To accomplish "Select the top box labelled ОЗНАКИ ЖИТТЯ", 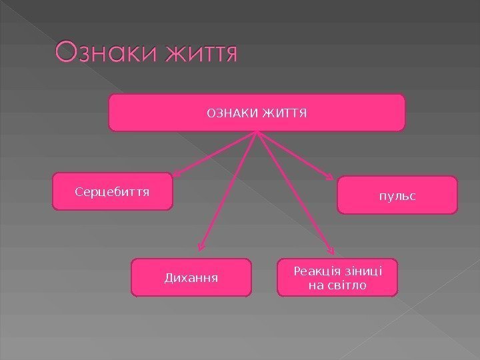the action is (257, 112).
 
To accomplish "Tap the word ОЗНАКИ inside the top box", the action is (229, 112).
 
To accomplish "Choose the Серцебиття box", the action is (112, 192).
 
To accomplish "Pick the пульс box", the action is (398, 195).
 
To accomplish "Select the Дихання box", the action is (192, 277).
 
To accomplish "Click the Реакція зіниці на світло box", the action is (337, 277).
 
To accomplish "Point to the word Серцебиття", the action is (112, 192).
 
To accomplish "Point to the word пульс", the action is (398, 196).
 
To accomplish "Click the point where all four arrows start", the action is (257, 132).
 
